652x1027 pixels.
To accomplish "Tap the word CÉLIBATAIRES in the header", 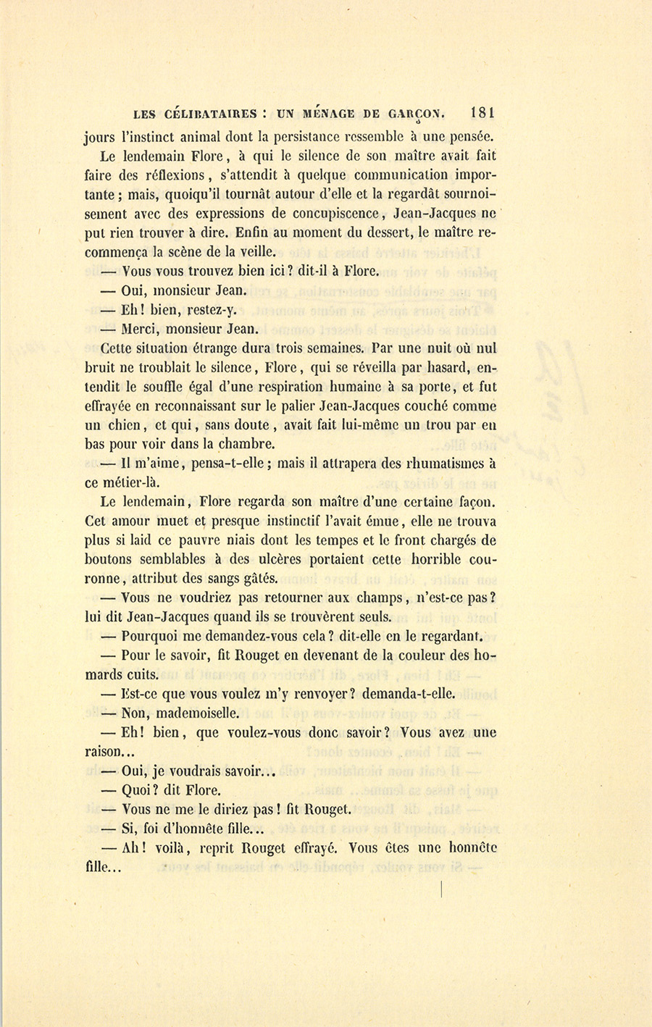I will (211, 114).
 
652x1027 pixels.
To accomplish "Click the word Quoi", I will (139, 790).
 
